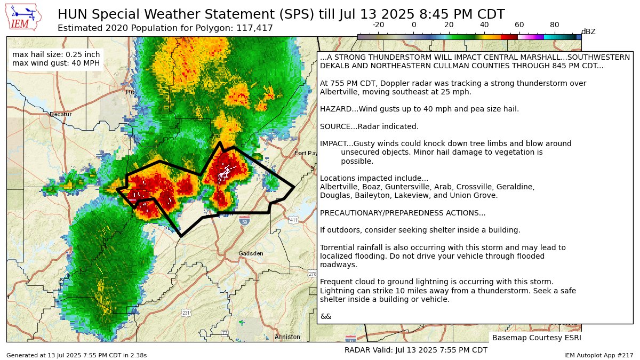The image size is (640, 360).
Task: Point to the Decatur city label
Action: pos(60,114)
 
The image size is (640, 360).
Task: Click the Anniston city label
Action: pos(287,337)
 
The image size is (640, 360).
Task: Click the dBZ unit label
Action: pos(588,32)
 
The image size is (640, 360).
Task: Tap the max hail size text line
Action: pos(55,54)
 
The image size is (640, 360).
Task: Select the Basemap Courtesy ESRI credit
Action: pos(536,338)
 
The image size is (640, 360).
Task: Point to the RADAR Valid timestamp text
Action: pos(415,350)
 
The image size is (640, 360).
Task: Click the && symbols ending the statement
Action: pos(325,316)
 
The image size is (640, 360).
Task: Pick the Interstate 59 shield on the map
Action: pos(244,220)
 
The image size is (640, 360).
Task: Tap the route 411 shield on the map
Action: pos(293,220)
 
